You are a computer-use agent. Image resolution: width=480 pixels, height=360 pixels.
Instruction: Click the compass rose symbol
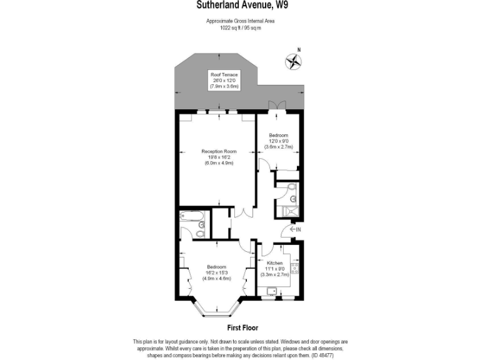(293, 61)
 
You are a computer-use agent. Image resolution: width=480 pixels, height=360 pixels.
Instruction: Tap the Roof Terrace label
(224, 74)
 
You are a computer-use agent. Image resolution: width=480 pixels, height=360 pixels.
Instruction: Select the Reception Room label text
(219, 151)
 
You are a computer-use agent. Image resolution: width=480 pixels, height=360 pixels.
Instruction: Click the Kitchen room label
(275, 264)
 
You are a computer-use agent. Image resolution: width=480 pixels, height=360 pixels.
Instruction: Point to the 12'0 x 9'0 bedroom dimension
(279, 141)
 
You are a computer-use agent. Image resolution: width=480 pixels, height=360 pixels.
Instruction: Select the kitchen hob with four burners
(295, 271)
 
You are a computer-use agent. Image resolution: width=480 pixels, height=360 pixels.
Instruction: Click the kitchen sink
(271, 290)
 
